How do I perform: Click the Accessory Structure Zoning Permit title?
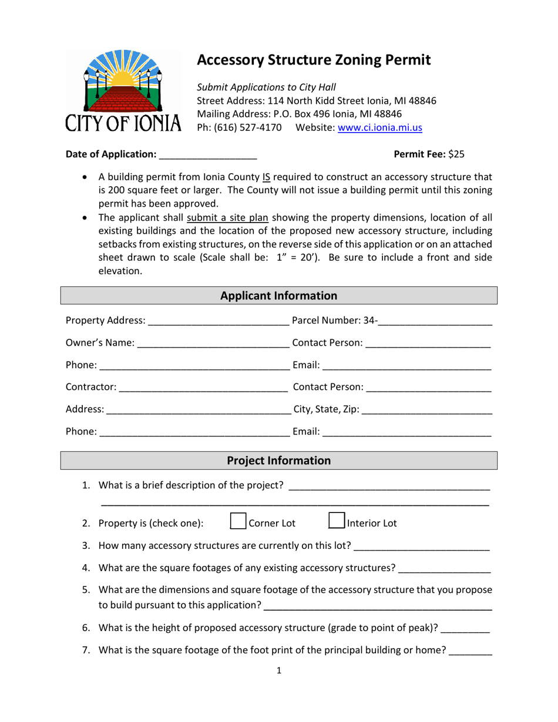(314, 60)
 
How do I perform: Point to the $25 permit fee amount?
(456, 154)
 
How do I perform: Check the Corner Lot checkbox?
(238, 522)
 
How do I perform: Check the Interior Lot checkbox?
(336, 522)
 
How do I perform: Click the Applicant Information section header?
(279, 296)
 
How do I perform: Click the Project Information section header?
(279, 461)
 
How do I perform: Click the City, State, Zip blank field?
(427, 410)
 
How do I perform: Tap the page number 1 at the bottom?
(279, 671)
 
